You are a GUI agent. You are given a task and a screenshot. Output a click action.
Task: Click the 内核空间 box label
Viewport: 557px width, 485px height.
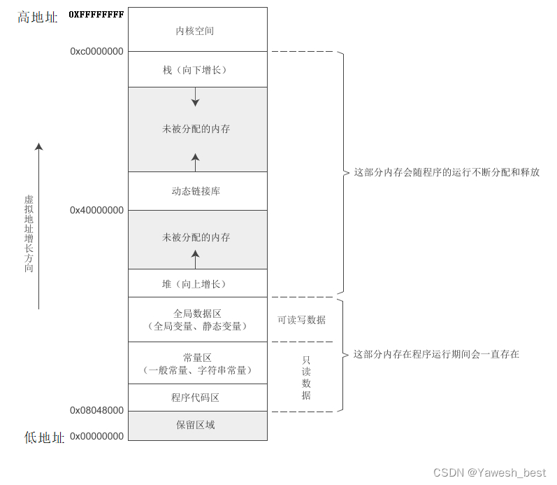(195, 31)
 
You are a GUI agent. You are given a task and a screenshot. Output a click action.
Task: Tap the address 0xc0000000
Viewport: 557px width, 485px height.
(96, 51)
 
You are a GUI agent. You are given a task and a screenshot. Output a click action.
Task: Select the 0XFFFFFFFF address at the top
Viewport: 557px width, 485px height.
(96, 14)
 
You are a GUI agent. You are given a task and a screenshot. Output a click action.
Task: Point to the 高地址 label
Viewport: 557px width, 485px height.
(38, 17)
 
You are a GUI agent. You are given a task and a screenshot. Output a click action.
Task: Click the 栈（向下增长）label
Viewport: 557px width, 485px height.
(195, 70)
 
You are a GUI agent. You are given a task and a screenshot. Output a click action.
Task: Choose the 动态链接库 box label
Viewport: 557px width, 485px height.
(196, 191)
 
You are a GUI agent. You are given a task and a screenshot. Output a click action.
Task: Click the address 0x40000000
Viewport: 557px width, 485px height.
(96, 210)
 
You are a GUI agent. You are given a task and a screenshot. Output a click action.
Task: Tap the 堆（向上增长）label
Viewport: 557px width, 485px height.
(195, 283)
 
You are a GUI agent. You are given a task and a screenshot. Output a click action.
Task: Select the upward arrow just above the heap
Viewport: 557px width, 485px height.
(196, 259)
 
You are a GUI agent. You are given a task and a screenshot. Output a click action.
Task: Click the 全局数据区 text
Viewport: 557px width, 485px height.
(197, 314)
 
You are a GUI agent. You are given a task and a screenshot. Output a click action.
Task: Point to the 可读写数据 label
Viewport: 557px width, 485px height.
(301, 320)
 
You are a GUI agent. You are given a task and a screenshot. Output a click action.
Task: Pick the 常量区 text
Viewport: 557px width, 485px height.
(197, 358)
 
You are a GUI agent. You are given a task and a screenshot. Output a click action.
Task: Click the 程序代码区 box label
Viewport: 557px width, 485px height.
(196, 398)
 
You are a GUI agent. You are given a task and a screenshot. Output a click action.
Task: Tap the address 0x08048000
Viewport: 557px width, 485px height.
(96, 410)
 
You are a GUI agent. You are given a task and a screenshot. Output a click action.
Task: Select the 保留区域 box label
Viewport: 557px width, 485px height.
(196, 425)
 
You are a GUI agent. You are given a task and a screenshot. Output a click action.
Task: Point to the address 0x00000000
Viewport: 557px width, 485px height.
(96, 436)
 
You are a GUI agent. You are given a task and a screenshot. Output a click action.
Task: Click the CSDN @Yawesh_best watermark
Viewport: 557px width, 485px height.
(489, 472)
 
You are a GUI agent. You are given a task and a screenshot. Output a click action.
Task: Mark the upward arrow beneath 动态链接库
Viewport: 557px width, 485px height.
(196, 163)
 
